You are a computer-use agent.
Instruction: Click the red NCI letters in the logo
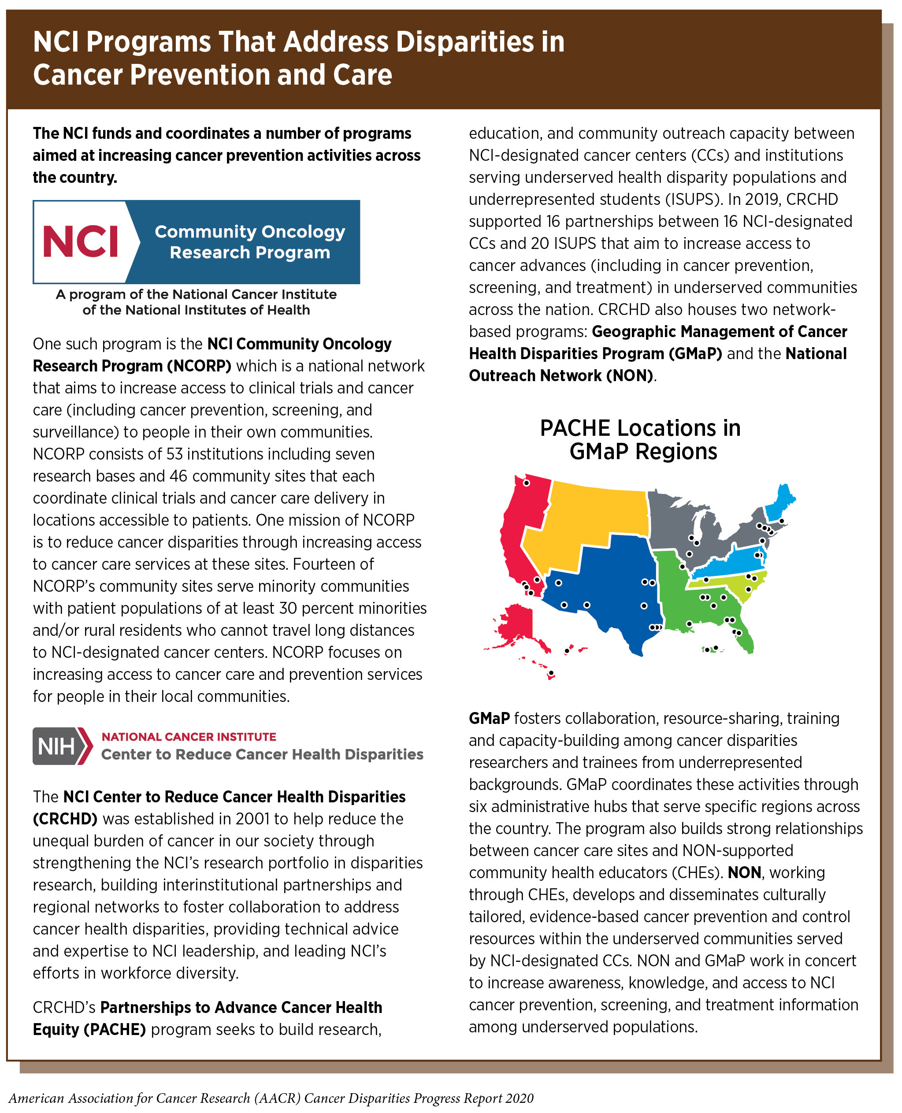(80, 241)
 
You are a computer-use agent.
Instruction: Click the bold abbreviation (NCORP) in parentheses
(199, 366)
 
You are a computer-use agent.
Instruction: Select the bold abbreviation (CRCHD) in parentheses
(65, 819)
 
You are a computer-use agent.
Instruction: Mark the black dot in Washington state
(526, 483)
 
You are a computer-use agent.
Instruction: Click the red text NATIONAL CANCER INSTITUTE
(189, 737)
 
